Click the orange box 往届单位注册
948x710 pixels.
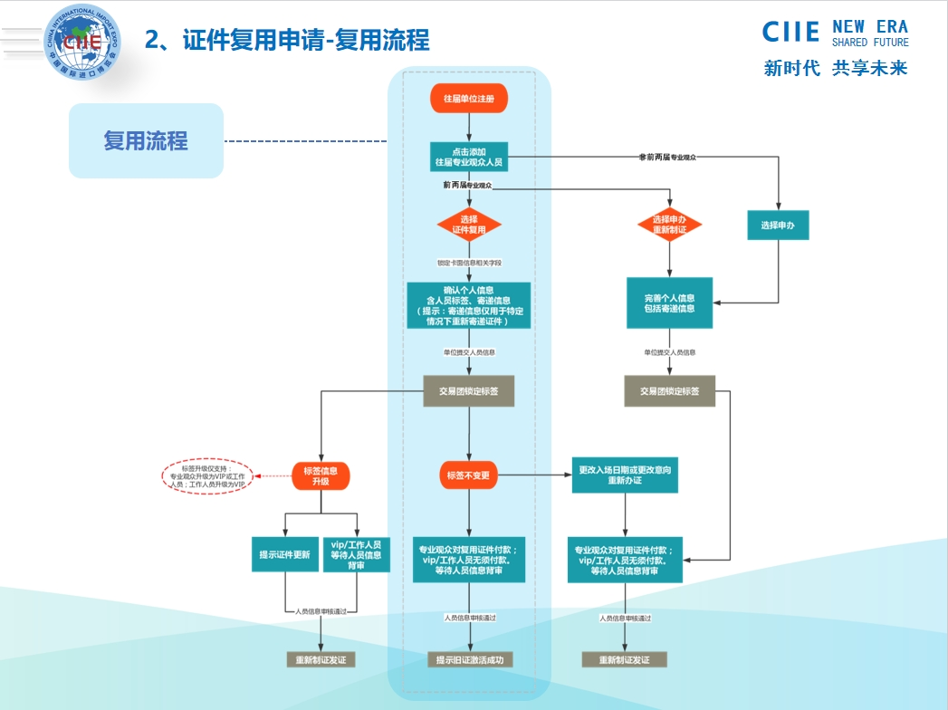[468, 99]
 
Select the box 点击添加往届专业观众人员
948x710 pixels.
[468, 157]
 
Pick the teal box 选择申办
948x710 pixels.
[778, 225]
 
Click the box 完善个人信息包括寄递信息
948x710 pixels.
[670, 303]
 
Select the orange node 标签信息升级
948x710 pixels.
[321, 475]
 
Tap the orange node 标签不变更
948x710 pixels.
[468, 475]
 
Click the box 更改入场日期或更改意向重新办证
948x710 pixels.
[624, 475]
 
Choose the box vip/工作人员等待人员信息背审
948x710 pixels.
[357, 554]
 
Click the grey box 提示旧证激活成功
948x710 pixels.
[470, 660]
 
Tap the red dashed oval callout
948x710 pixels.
[207, 476]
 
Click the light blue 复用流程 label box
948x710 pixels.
[146, 140]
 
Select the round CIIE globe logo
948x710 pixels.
[81, 38]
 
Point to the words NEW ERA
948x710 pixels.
[869, 27]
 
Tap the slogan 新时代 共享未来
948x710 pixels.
[835, 68]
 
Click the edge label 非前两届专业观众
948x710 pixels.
[673, 158]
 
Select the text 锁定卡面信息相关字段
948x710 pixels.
[469, 263]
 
